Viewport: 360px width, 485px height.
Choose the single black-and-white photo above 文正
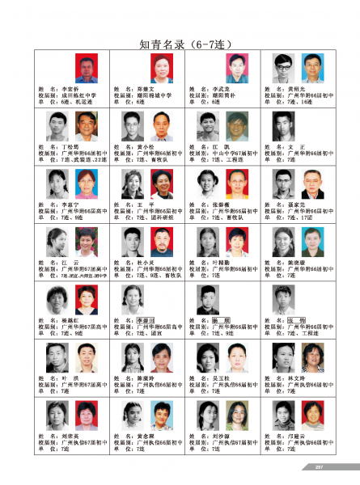pos(283,125)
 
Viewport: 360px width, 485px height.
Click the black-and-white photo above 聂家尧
pos(283,183)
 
